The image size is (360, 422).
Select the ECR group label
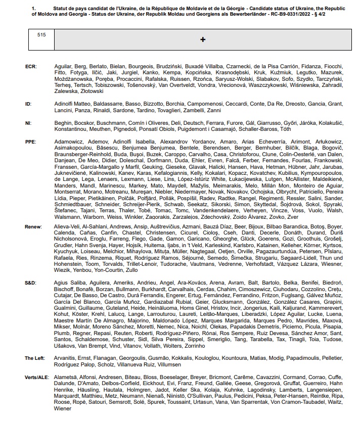tap(31, 67)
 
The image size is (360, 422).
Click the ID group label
tap(28, 104)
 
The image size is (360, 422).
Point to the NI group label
tap(28, 122)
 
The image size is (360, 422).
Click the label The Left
tap(34, 358)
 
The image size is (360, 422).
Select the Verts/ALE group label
tap(36, 377)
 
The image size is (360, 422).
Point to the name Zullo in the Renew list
tap(131, 269)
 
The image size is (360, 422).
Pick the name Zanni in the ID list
tap(214, 110)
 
